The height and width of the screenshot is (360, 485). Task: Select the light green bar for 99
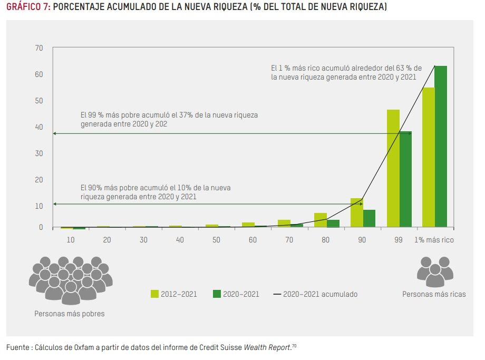[x=393, y=168]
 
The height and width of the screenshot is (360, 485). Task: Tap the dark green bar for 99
[x=405, y=179]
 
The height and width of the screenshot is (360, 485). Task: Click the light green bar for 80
[x=321, y=220]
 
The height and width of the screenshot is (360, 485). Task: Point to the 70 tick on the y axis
[x=39, y=48]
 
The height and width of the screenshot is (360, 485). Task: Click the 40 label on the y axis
[x=39, y=127]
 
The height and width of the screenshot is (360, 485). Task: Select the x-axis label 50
[x=216, y=240]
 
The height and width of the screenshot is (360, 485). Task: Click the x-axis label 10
[x=70, y=240]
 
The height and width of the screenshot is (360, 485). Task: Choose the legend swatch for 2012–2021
[x=154, y=294]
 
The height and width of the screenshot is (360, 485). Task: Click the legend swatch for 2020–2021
[x=217, y=294]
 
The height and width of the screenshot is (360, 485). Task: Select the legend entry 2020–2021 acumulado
[x=315, y=294]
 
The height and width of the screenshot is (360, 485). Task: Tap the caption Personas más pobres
[x=70, y=314]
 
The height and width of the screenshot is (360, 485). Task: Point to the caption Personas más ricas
[x=434, y=294]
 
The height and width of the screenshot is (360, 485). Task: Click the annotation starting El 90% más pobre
[x=156, y=192]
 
